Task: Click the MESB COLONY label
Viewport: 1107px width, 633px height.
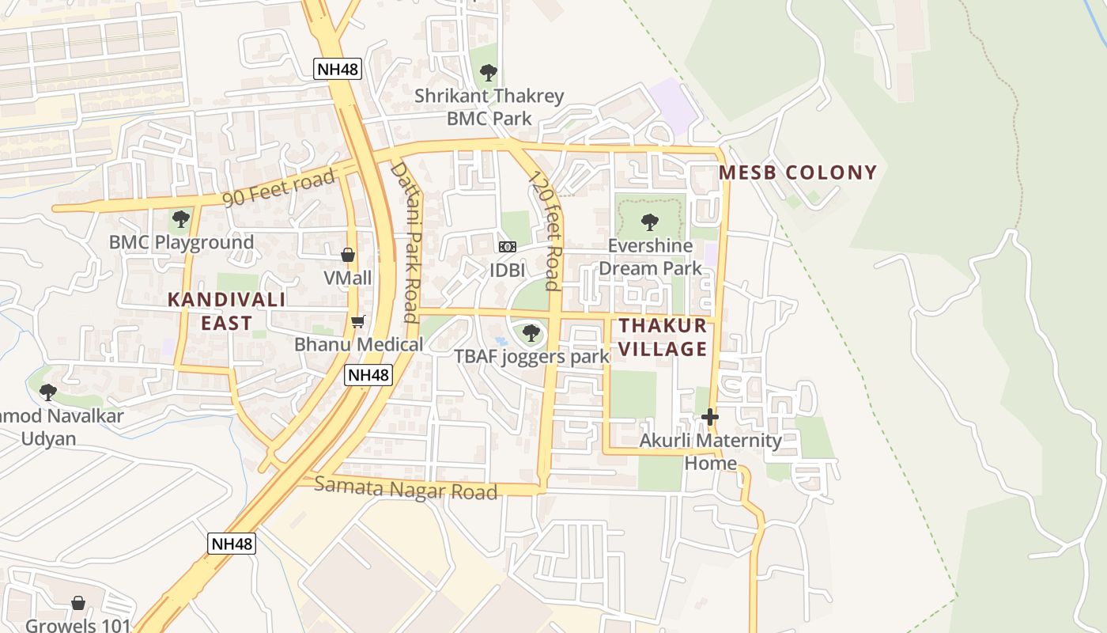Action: pos(798,172)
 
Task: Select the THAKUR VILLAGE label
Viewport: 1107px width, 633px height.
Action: pos(663,337)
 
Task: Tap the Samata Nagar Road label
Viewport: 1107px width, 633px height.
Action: pos(406,488)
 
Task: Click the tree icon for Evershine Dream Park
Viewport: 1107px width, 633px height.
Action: pos(650,222)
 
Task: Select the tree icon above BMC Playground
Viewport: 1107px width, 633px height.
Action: pos(181,218)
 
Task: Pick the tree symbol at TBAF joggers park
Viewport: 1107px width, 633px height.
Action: pos(531,333)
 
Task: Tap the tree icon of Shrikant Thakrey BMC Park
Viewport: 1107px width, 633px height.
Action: pos(489,74)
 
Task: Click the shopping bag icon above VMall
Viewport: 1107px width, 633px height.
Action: pos(347,255)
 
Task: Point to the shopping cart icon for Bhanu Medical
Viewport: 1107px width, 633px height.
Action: pos(358,321)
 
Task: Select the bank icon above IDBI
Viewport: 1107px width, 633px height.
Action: pos(507,248)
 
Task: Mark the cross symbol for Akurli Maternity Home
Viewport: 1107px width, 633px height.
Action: pos(709,416)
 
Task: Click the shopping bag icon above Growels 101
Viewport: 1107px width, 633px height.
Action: pos(77,604)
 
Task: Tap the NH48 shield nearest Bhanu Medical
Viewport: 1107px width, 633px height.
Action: pos(368,375)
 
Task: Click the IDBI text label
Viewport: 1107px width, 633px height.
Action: pos(507,270)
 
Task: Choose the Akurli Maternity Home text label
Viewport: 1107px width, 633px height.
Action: pos(710,451)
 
